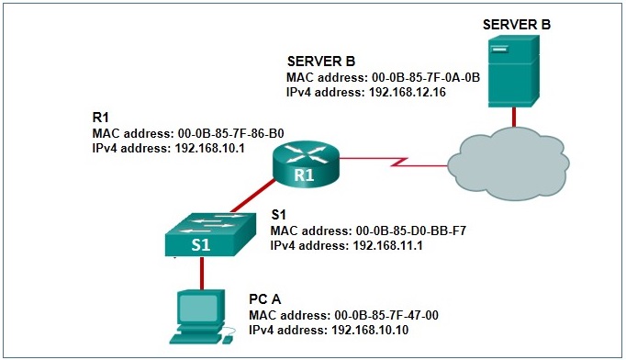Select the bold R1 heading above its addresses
102,118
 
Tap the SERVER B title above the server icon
517,22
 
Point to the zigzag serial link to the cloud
395,165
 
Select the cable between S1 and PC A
201,273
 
